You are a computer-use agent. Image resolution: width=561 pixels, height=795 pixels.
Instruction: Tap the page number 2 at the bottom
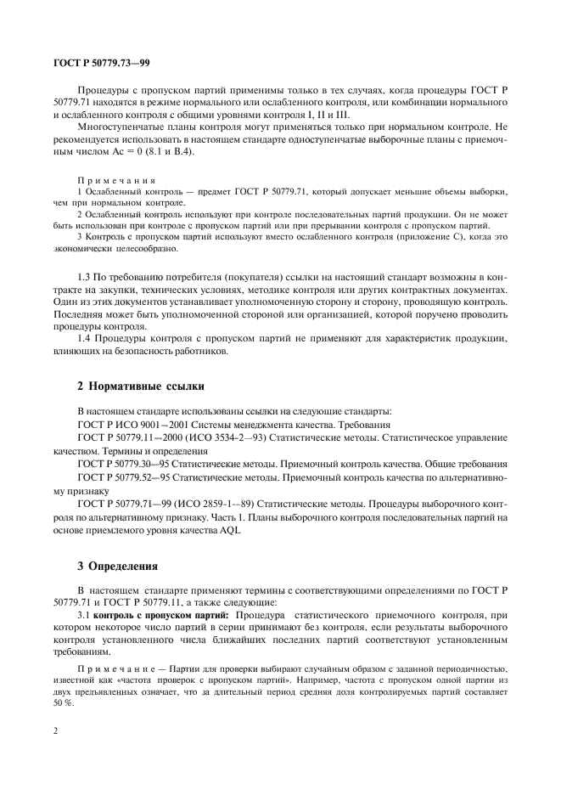(x=55, y=730)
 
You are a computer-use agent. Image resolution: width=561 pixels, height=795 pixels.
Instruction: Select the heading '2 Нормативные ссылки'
(x=141, y=386)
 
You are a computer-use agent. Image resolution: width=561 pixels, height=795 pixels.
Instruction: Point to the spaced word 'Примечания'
(x=116, y=181)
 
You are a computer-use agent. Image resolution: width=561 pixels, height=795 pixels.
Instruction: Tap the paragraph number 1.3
(x=85, y=279)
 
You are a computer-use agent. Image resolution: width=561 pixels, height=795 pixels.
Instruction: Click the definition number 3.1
(x=84, y=613)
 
